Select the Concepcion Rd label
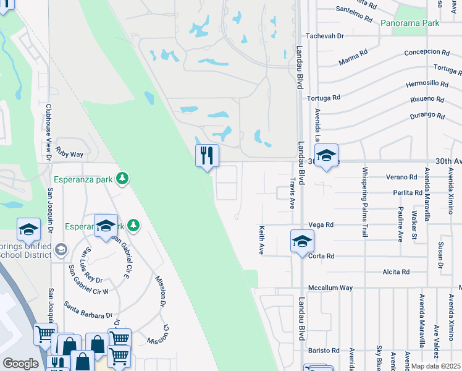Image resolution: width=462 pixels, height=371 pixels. (x=428, y=53)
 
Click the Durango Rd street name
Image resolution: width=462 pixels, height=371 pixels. (x=427, y=116)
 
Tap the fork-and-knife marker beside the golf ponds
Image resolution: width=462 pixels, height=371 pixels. (x=207, y=155)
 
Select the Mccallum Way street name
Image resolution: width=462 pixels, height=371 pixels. (x=331, y=288)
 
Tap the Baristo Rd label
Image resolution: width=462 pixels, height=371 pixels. (x=324, y=351)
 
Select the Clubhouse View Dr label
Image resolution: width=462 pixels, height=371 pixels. (x=48, y=132)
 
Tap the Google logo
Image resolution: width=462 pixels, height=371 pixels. (x=20, y=364)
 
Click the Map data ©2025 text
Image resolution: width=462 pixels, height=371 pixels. (x=435, y=366)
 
